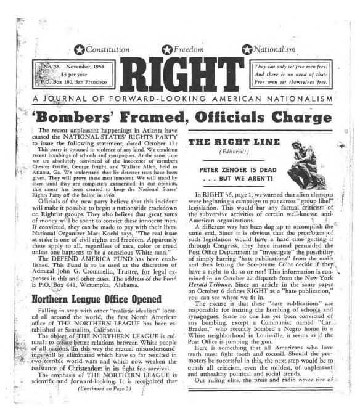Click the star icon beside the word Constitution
[79, 49]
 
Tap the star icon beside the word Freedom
[166, 49]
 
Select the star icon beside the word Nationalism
[247, 49]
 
